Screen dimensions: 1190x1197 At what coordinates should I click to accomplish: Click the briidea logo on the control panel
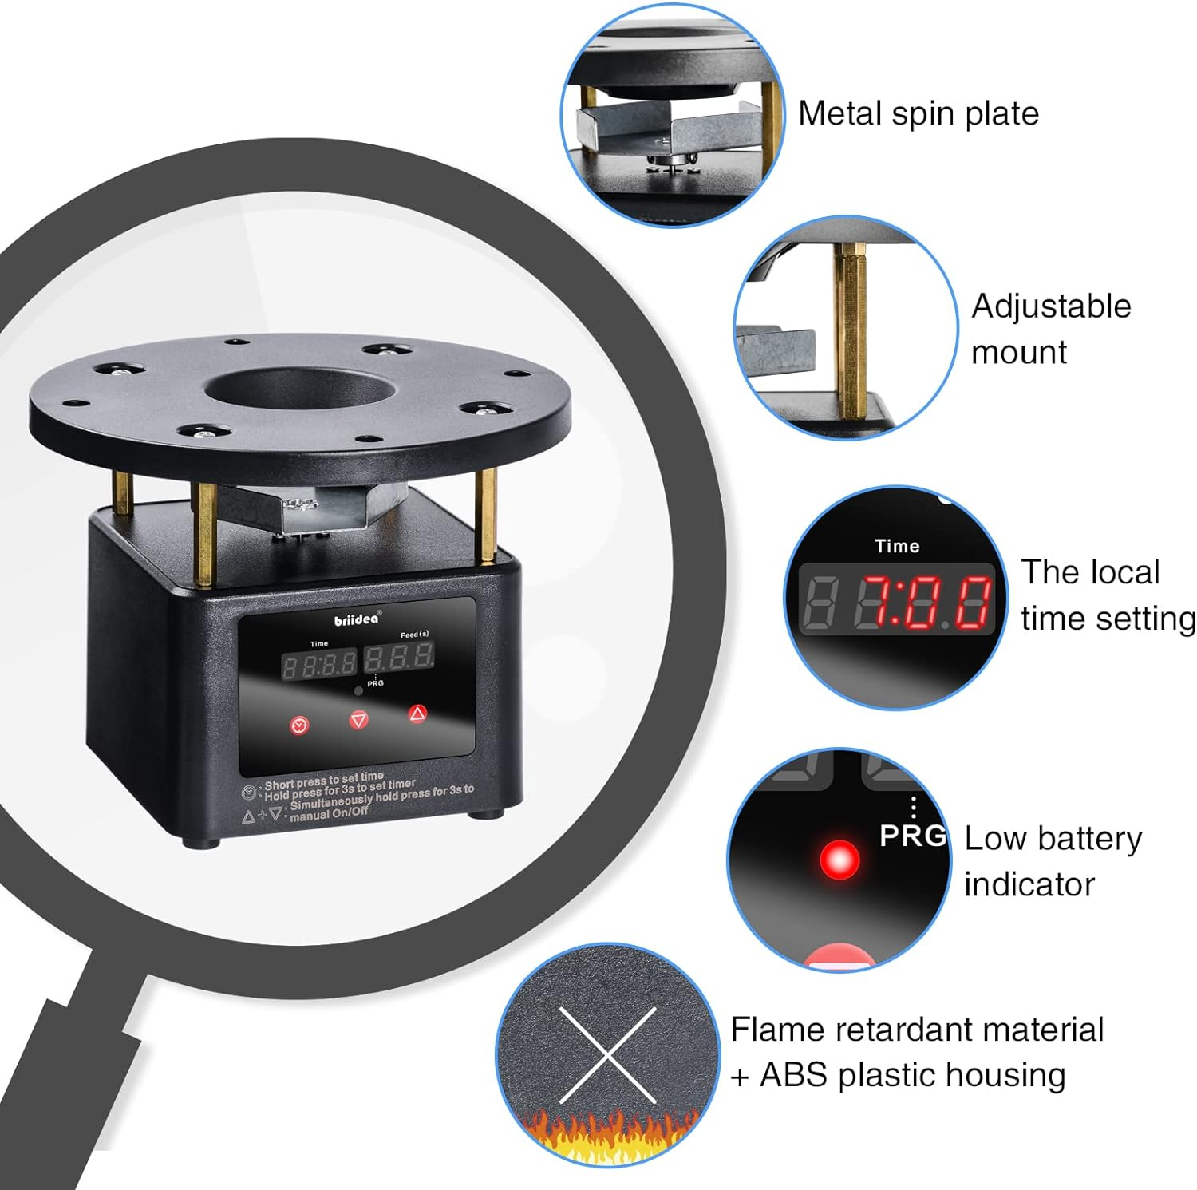(x=357, y=619)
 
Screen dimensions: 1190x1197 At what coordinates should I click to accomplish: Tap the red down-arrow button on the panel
(x=359, y=720)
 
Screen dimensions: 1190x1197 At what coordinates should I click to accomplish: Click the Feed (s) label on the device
(x=414, y=635)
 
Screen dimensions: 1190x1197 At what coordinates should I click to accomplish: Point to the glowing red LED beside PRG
(x=839, y=860)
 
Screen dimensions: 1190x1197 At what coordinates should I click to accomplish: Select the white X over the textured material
(x=608, y=1054)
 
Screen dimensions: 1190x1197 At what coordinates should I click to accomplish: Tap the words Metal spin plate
(x=918, y=113)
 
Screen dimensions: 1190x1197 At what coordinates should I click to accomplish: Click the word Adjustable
(x=1051, y=306)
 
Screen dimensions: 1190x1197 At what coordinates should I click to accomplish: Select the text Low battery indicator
(x=1053, y=861)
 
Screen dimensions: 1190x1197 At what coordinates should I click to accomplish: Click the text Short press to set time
(x=324, y=779)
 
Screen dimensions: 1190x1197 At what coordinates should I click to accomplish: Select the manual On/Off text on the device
(x=329, y=815)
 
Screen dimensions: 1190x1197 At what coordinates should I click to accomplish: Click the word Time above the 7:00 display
(x=897, y=546)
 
